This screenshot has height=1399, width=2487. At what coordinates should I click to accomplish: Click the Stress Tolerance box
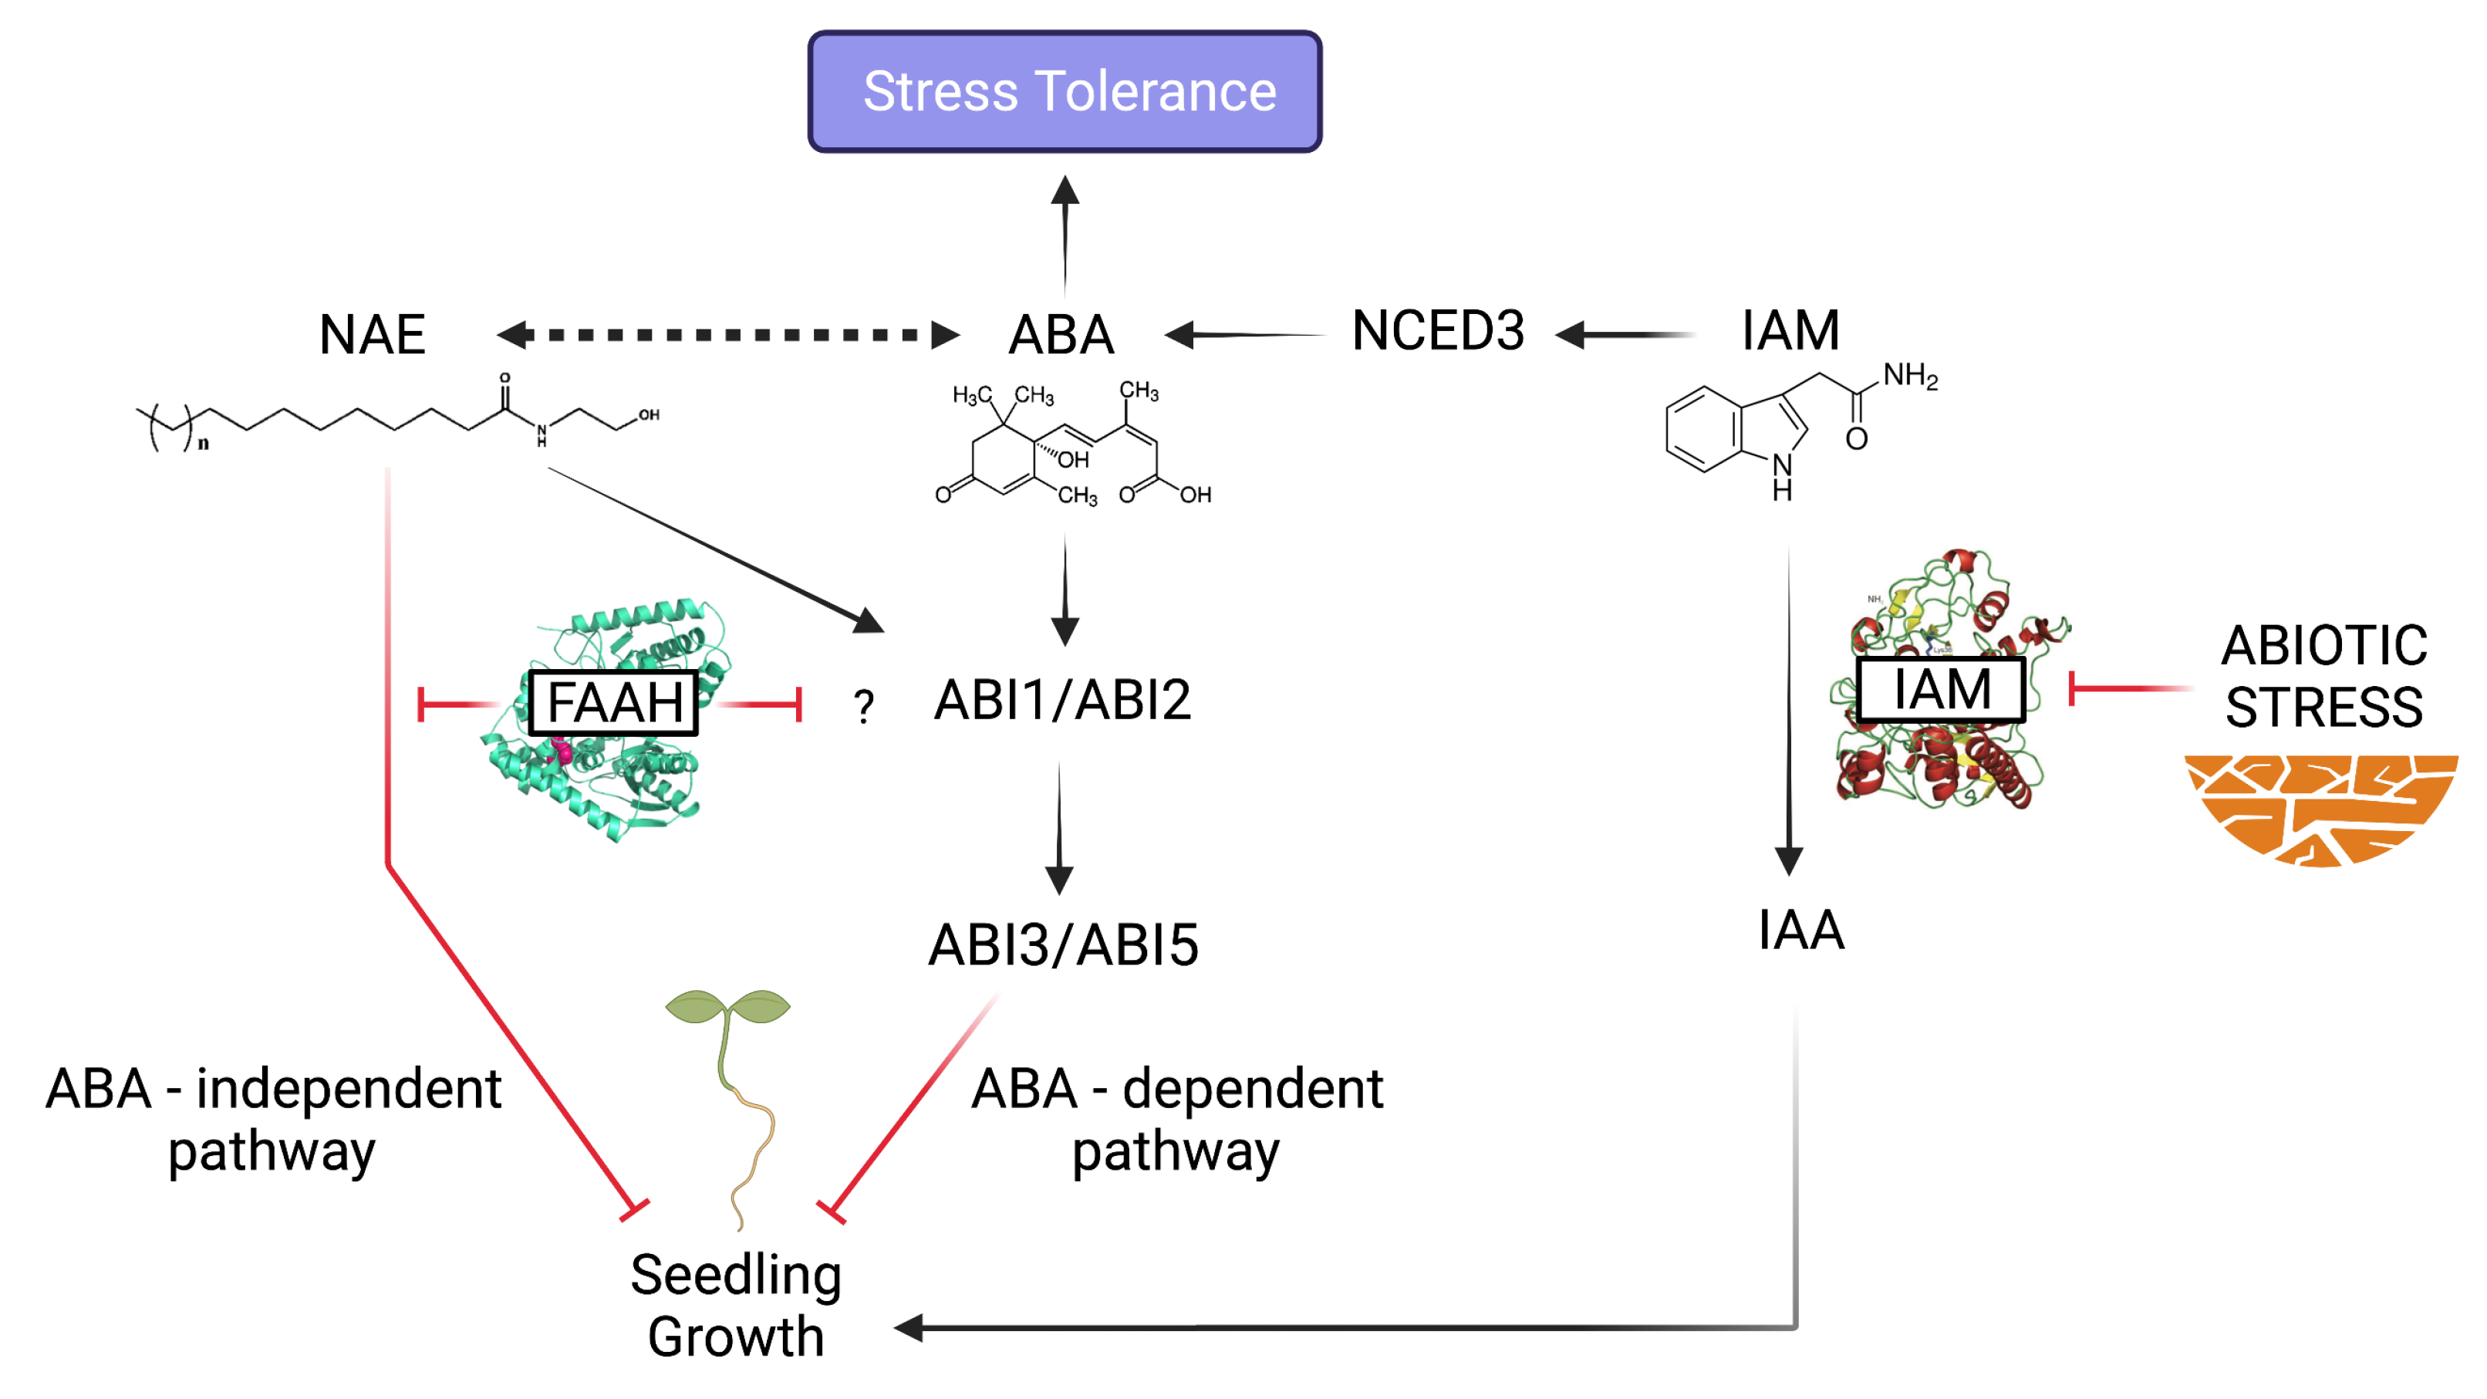coord(1064,92)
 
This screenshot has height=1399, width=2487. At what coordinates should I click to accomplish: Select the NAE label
coord(372,335)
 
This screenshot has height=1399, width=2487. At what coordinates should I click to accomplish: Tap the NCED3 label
coord(1438,331)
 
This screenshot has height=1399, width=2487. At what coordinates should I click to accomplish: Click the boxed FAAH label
coord(614,702)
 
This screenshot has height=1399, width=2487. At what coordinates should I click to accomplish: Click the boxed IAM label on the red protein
coord(1941,689)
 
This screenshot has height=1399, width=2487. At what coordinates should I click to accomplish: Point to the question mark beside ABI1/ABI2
coord(864,707)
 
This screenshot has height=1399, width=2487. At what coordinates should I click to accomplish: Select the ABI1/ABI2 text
coord(1062,700)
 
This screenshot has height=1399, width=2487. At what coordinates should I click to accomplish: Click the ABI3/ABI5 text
coord(1063,945)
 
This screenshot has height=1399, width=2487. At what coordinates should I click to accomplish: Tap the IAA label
coord(1800,931)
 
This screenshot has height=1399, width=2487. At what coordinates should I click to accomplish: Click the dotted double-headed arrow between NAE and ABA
coord(728,335)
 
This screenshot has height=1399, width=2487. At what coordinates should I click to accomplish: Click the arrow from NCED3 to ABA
coord(1246,335)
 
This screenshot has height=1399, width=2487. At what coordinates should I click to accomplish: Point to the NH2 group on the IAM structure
coord(1910,376)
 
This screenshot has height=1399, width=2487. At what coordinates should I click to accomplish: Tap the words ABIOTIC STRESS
coord(2323,676)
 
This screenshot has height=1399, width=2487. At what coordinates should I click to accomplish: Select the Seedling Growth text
coord(736,1306)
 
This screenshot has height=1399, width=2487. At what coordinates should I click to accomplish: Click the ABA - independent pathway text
coord(273,1120)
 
